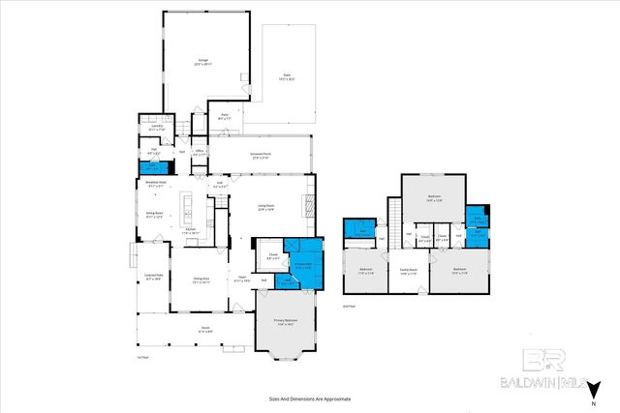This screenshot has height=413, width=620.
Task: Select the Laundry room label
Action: click(156, 127)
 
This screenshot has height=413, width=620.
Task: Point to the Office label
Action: click(199, 152)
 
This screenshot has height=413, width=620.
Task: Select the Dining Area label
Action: click(200, 280)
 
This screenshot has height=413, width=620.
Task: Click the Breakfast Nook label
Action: click(156, 185)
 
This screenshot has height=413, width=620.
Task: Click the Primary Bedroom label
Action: click(285, 323)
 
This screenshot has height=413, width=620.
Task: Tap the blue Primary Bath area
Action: click(302, 259)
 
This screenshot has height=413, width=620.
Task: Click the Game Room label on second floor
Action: click(408, 272)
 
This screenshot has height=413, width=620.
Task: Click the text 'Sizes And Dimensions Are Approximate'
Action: click(309, 398)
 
